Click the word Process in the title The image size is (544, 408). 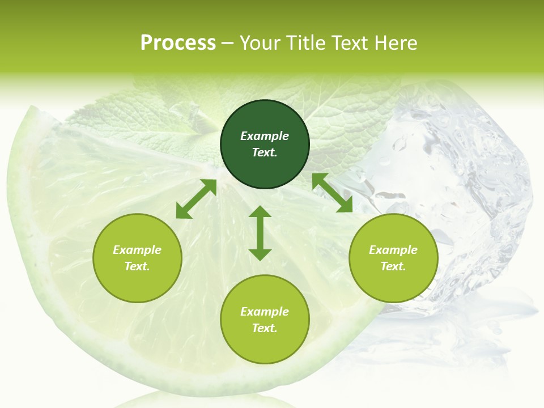(178, 43)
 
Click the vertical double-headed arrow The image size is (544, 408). (260, 233)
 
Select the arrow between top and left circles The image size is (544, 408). (196, 199)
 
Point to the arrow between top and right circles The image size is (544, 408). (332, 193)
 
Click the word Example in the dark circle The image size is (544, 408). (265, 136)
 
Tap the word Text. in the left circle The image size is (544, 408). (137, 266)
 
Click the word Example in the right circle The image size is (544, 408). (393, 250)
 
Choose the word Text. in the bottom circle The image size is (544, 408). (265, 328)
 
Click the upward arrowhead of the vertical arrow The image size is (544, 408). (260, 213)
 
